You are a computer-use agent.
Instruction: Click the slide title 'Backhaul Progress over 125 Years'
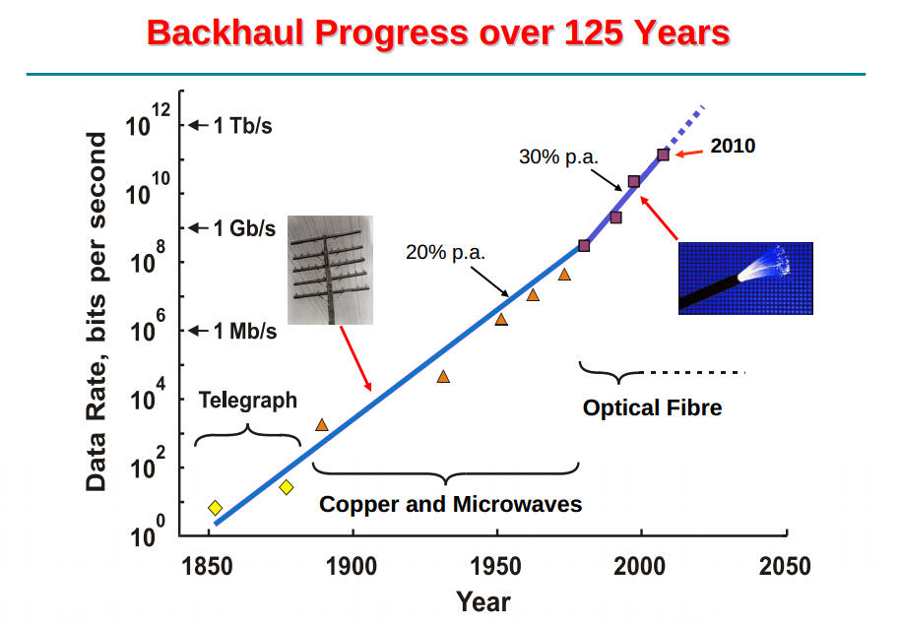[438, 32]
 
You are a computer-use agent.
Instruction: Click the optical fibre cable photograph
[745, 278]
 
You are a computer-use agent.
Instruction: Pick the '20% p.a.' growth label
[445, 252]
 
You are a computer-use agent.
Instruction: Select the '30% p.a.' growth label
[558, 156]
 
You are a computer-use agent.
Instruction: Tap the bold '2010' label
[733, 146]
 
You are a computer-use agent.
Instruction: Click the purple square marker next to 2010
[663, 155]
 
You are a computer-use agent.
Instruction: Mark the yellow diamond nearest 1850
[215, 508]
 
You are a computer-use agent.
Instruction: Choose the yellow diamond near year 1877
[287, 487]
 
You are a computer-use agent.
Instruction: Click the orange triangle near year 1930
[443, 376]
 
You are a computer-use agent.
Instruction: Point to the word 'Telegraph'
[247, 401]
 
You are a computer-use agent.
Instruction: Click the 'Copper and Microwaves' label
[450, 504]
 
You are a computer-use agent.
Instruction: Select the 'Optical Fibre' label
[652, 407]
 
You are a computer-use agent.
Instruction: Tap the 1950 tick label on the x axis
[497, 567]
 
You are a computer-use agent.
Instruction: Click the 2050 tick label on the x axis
[785, 567]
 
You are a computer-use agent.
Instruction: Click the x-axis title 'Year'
[482, 600]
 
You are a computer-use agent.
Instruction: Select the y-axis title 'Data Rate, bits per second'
[96, 313]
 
